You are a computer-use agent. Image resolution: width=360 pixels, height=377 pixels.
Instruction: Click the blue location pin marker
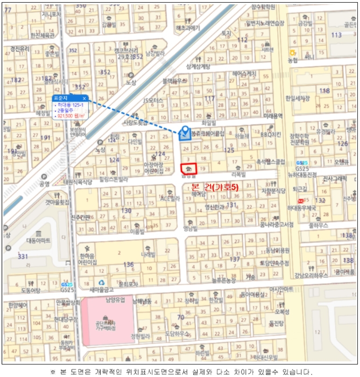(x=184, y=132)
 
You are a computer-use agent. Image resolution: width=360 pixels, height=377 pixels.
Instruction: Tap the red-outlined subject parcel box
(x=189, y=169)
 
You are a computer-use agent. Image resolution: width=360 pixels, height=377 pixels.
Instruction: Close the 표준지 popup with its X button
(x=84, y=99)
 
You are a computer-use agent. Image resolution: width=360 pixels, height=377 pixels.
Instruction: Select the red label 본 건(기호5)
(x=215, y=186)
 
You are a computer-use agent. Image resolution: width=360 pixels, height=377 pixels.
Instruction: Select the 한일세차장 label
(x=297, y=99)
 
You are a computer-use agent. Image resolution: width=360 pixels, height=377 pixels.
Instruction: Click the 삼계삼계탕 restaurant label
(x=197, y=67)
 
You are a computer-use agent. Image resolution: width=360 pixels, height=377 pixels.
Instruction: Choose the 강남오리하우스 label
(x=310, y=276)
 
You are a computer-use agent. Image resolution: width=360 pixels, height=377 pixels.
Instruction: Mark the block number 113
(x=336, y=35)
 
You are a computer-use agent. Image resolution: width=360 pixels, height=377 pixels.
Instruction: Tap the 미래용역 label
(x=273, y=116)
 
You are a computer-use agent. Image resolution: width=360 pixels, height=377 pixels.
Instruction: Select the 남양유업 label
(x=115, y=299)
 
